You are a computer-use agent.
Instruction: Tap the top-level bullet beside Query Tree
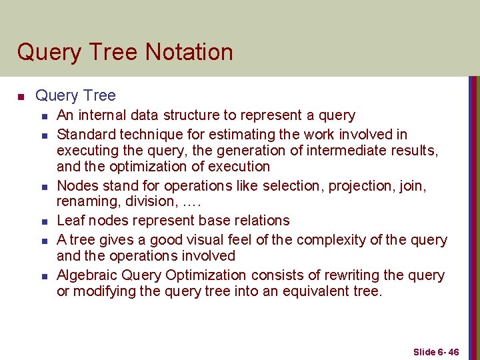tap(21, 97)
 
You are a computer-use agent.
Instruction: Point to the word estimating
tap(211, 135)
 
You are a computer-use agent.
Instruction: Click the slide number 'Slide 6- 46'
tap(436, 351)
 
